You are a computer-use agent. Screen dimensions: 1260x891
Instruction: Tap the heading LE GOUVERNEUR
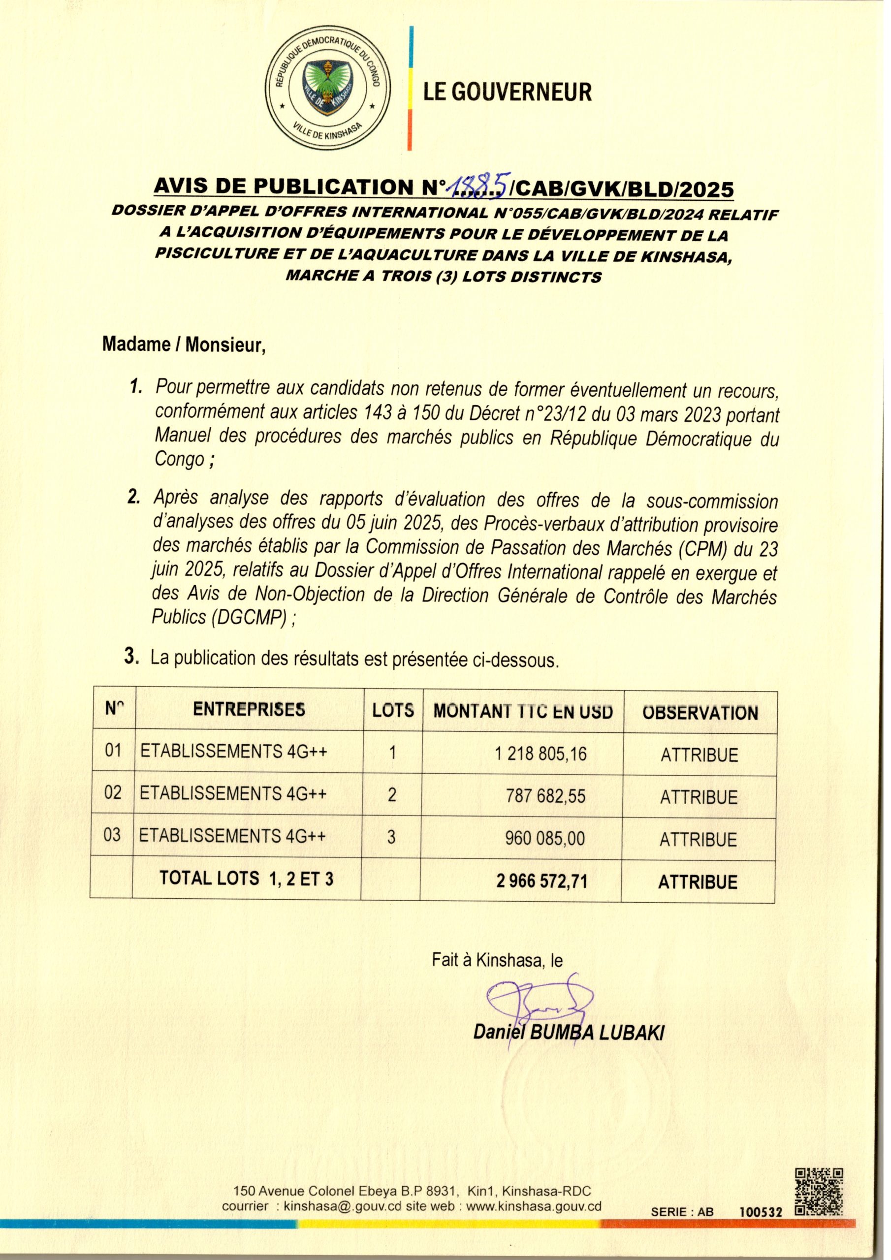[507, 92]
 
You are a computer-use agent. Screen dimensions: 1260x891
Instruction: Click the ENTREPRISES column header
[249, 709]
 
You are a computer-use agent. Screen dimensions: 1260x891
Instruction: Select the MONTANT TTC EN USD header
[523, 712]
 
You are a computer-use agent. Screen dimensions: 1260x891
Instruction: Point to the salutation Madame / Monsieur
[184, 345]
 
